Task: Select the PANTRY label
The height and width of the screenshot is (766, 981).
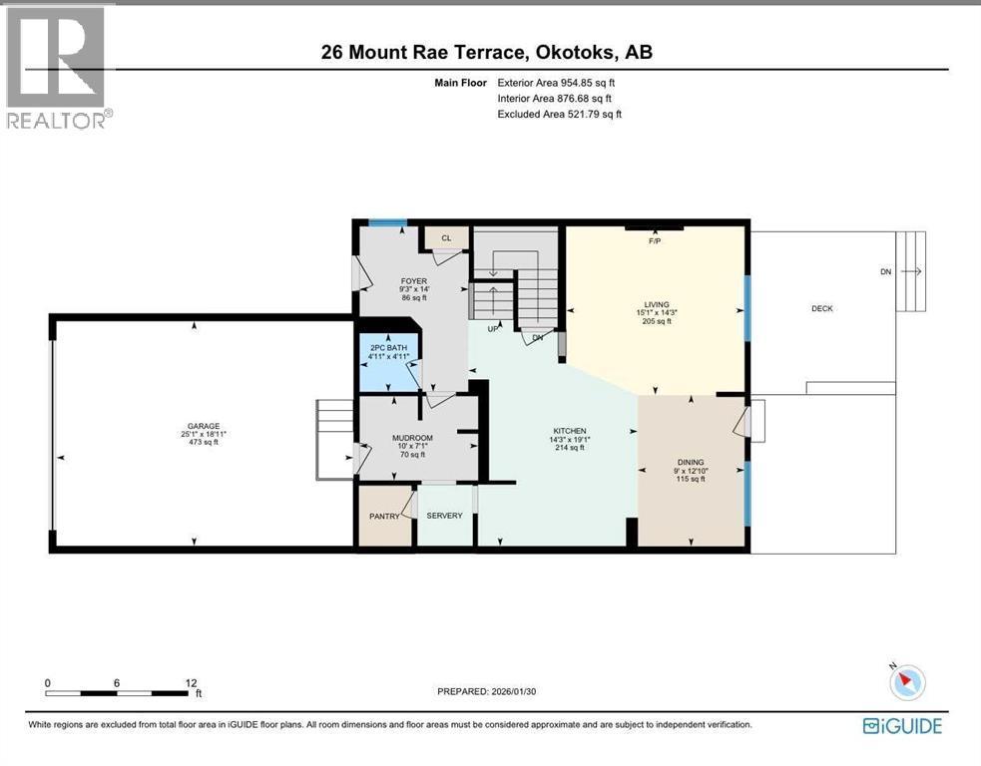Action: pyautogui.click(x=384, y=516)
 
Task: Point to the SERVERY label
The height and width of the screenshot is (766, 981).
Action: pyautogui.click(x=444, y=516)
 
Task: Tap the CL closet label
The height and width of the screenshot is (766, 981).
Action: pyautogui.click(x=446, y=238)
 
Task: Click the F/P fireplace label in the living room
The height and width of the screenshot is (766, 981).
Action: pyautogui.click(x=655, y=241)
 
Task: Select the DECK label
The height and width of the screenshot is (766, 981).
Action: pyautogui.click(x=821, y=309)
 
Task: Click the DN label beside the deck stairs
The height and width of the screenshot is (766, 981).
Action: pyautogui.click(x=885, y=271)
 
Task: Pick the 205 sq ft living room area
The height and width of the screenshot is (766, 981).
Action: pyautogui.click(x=656, y=321)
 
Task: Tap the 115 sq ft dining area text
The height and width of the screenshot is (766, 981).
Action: pyautogui.click(x=691, y=479)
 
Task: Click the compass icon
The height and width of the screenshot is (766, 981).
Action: pyautogui.click(x=907, y=681)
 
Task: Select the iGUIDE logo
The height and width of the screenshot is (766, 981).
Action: pyautogui.click(x=901, y=726)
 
